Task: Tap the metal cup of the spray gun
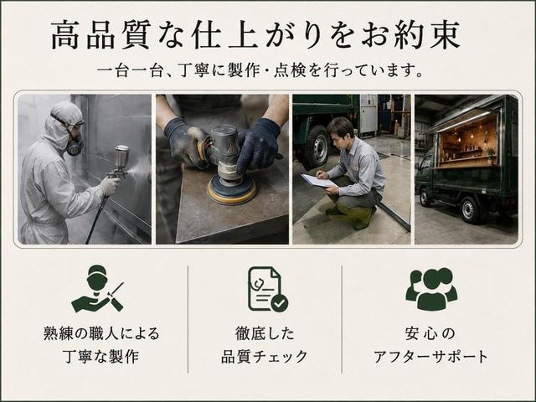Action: tap(121, 156)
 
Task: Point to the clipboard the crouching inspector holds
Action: tap(318, 181)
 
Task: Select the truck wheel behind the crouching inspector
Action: tap(317, 147)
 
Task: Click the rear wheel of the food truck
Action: tap(469, 210)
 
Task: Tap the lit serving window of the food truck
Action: tap(467, 139)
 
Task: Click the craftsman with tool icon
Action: tap(97, 289)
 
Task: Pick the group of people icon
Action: tap(431, 289)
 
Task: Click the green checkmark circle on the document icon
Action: tap(280, 303)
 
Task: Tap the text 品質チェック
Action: tap(265, 357)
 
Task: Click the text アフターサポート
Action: tap(430, 357)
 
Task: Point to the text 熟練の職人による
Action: tap(101, 333)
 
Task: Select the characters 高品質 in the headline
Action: tap(100, 35)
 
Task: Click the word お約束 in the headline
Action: tap(410, 35)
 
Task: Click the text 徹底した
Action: tap(265, 333)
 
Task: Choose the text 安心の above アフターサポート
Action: tap(430, 333)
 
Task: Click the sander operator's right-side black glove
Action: tap(259, 144)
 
